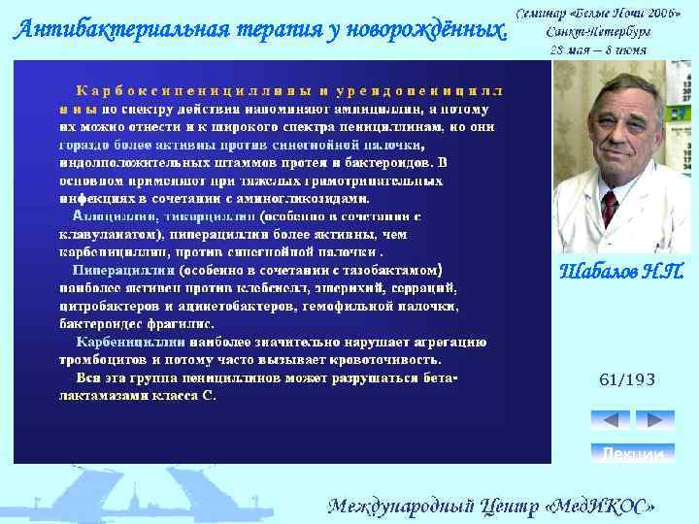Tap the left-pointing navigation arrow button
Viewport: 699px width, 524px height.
pos(610,420)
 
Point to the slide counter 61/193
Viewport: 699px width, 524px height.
pos(627,380)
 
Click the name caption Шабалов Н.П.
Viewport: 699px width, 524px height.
pos(621,273)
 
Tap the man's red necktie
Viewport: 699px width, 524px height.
pos(609,208)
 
